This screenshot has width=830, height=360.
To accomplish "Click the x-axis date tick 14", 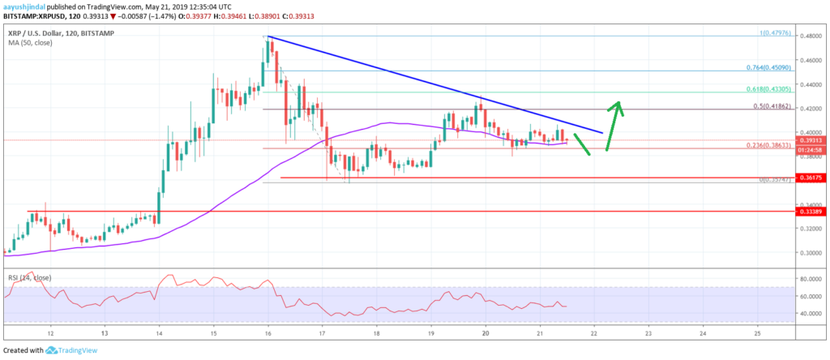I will [159, 332].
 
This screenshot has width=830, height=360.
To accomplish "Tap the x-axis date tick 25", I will [756, 332].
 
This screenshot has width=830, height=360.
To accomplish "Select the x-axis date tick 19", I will [430, 332].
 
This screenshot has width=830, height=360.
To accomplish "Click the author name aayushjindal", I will [24, 6].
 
